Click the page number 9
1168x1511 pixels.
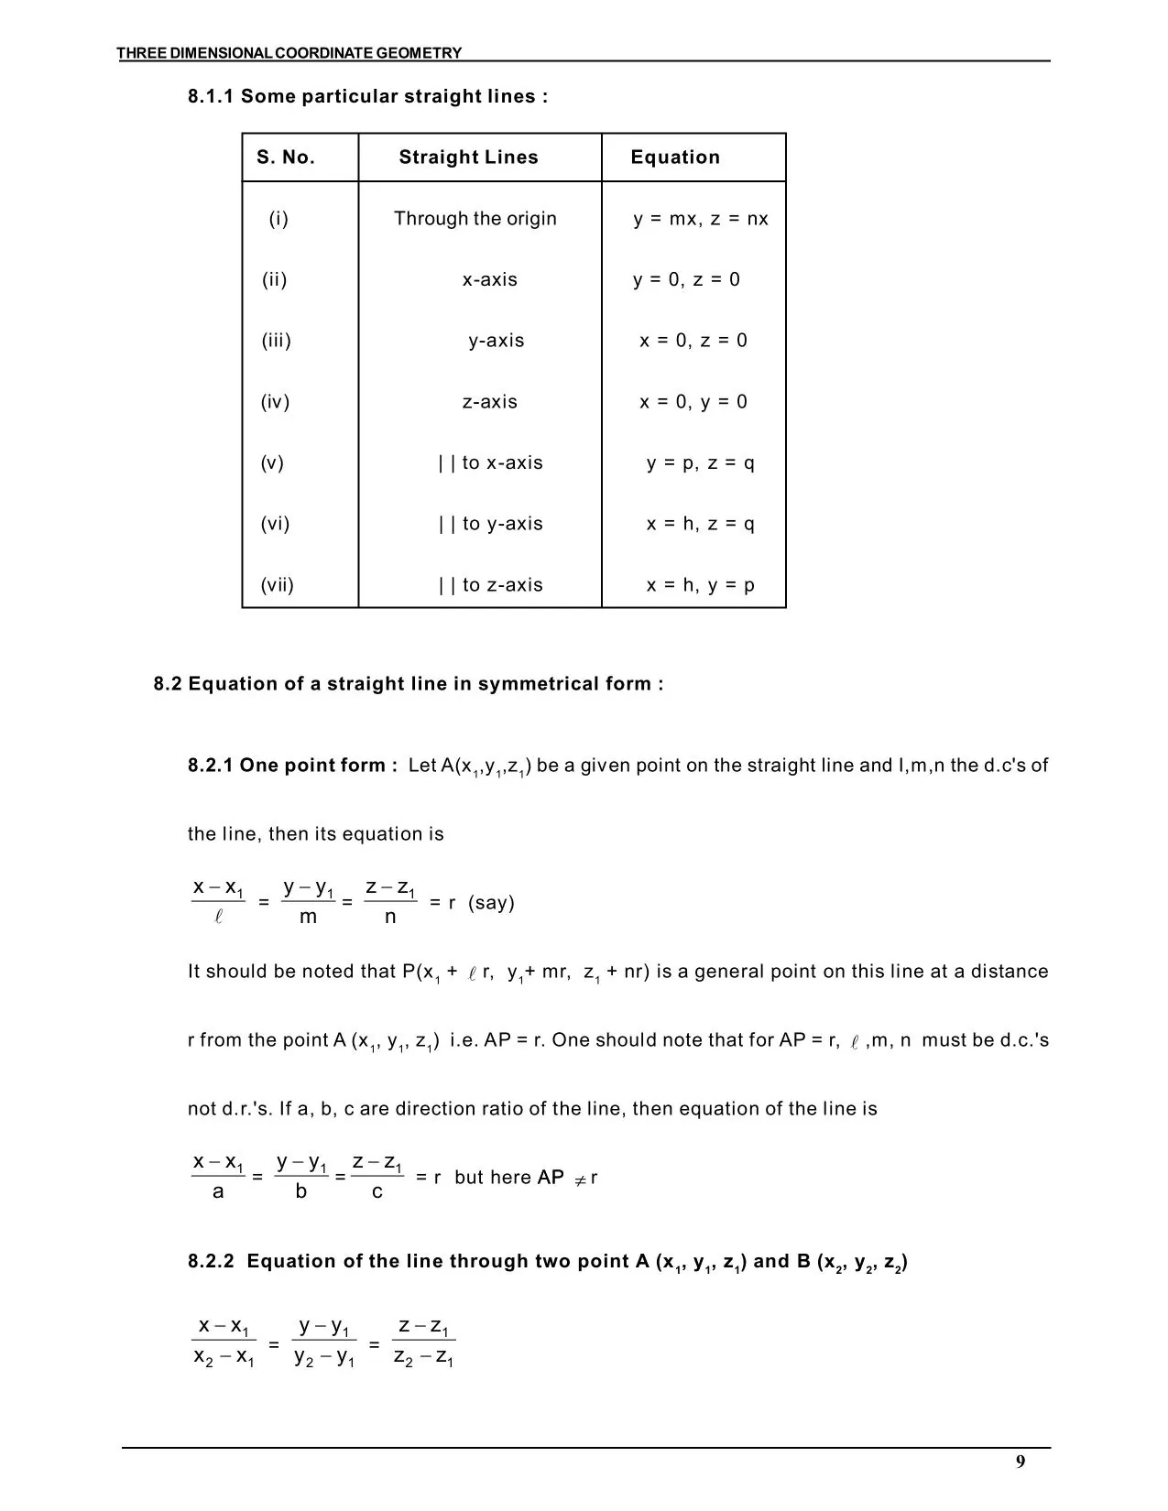[1020, 1462]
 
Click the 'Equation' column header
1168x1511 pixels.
[675, 158]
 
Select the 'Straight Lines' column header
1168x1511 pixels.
[468, 158]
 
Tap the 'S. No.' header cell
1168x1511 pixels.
[286, 158]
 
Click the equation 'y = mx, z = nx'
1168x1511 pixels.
[701, 219]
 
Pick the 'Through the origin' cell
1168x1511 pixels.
[475, 219]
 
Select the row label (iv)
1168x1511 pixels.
[275, 402]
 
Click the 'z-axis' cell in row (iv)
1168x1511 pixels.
[489, 402]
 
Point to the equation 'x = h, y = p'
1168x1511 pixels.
[700, 585]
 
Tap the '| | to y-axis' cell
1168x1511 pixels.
[490, 524]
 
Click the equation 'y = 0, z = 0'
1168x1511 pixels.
[686, 280]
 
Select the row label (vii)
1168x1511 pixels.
[277, 585]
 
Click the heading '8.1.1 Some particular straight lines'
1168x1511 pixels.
[367, 97]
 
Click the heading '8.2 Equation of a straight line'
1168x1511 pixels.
[408, 684]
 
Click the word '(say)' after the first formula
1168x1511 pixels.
[491, 903]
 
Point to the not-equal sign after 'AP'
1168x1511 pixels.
[579, 1179]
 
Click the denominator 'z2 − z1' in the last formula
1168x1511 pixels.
[423, 1359]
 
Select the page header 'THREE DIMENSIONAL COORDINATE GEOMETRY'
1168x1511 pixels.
[289, 53]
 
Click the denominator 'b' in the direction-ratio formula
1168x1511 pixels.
[300, 1192]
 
